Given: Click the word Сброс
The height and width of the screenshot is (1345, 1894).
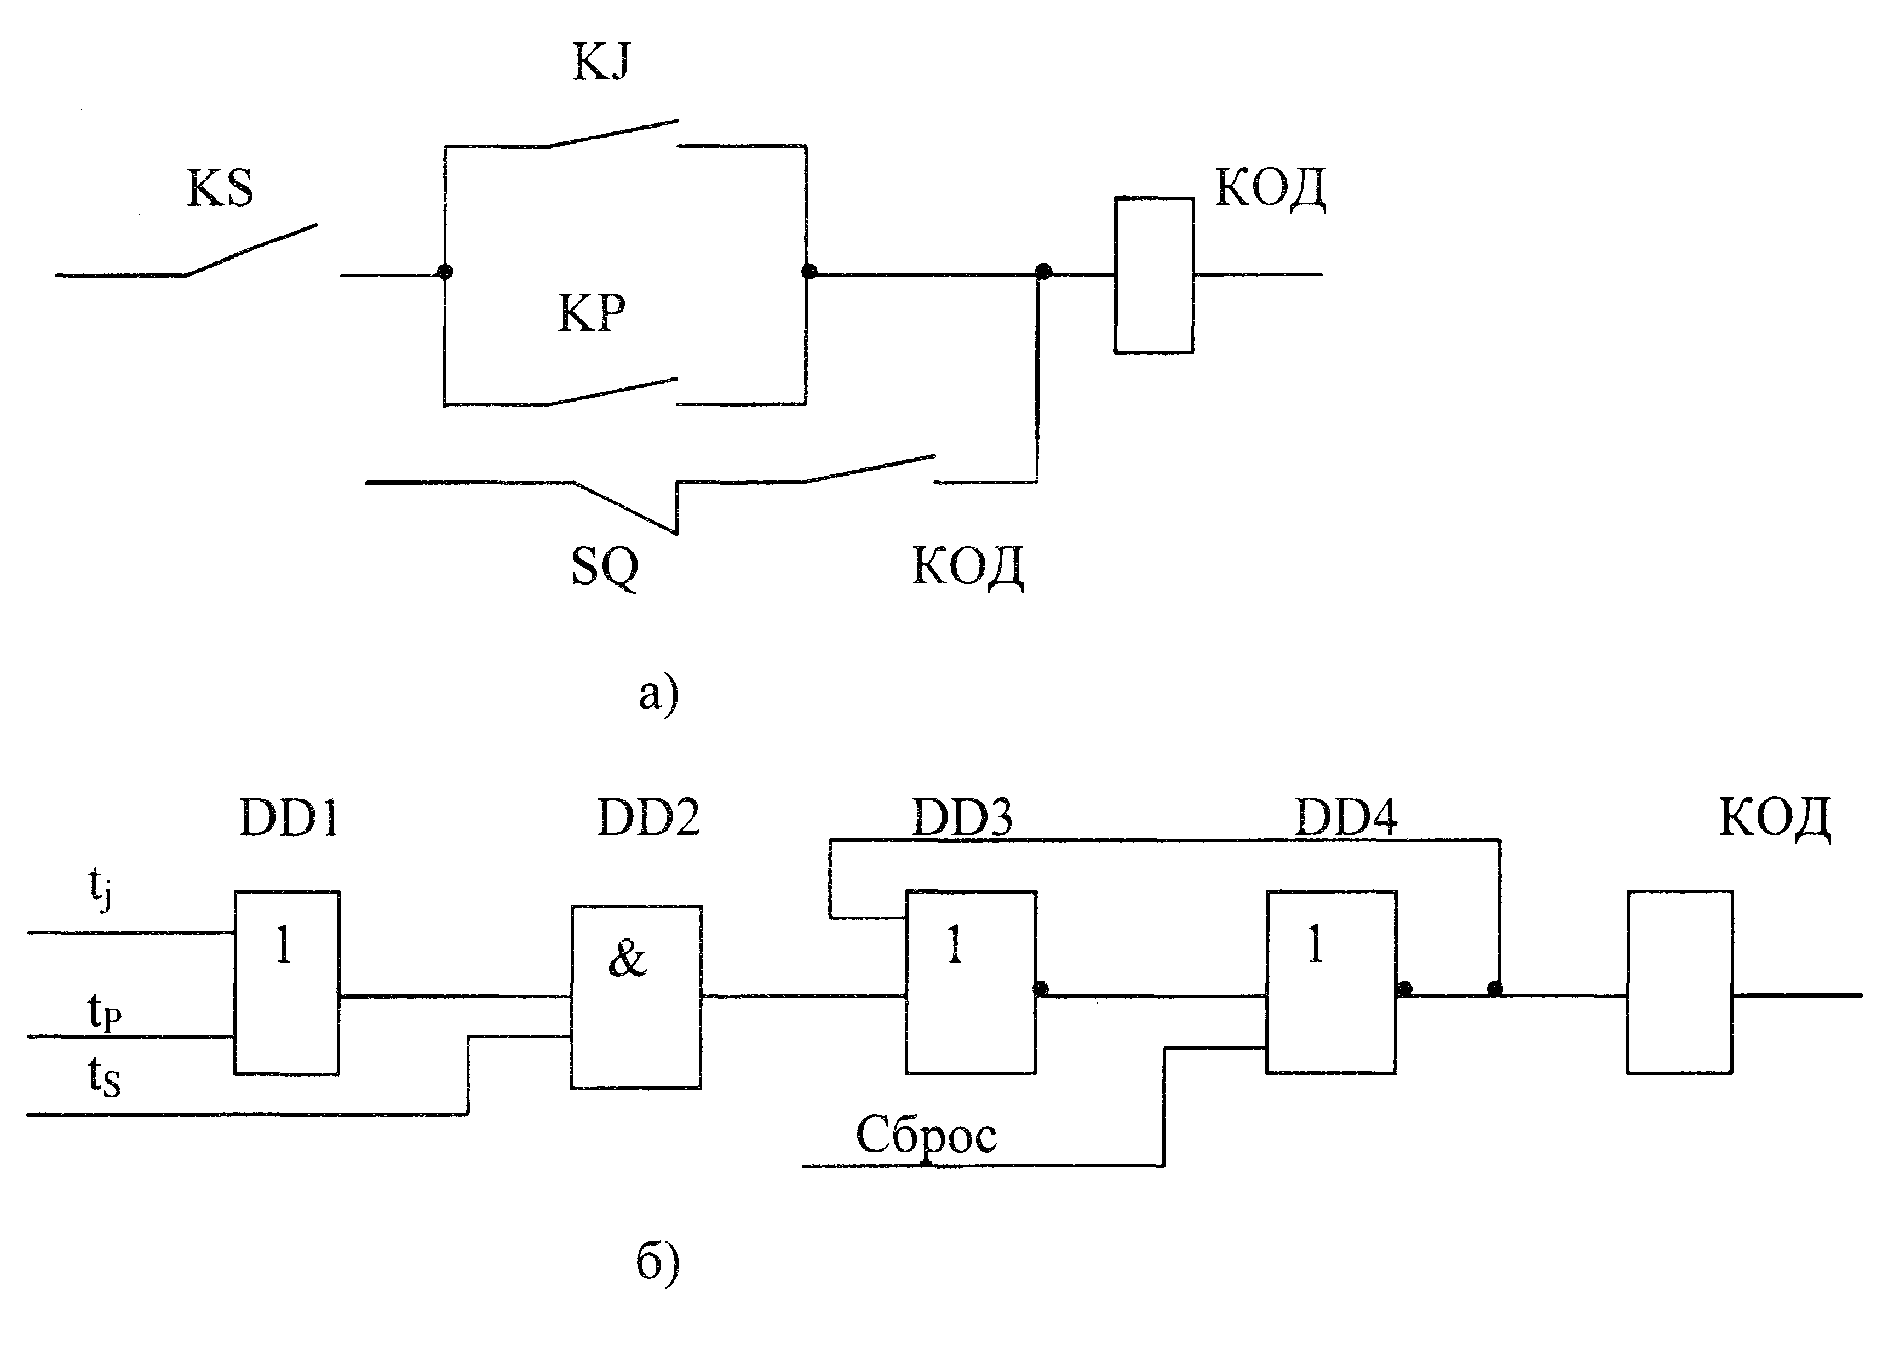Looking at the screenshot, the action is click(926, 1136).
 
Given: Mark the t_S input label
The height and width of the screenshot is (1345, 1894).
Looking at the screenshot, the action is click(104, 1078).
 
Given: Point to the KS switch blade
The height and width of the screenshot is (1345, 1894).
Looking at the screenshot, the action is click(251, 249).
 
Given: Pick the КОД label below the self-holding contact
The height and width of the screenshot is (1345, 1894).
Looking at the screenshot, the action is click(968, 568).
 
